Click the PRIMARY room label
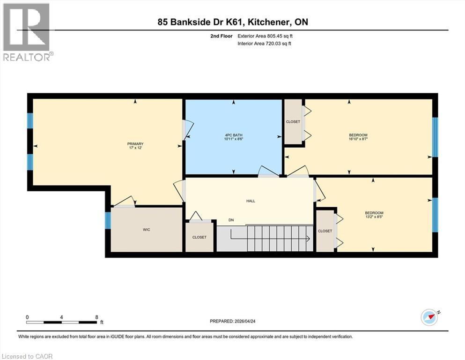click(135, 144)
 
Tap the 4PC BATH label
click(233, 136)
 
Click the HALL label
click(251, 201)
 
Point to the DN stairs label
click(231, 220)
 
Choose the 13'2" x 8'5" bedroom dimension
click(374, 217)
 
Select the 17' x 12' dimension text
click(135, 148)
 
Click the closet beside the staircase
click(199, 237)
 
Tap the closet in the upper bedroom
click(293, 122)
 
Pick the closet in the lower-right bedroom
click(325, 231)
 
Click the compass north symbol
click(429, 317)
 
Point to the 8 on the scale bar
click(96, 317)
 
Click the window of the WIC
click(108, 220)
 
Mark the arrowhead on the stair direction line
click(308, 239)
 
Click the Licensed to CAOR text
click(28, 356)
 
